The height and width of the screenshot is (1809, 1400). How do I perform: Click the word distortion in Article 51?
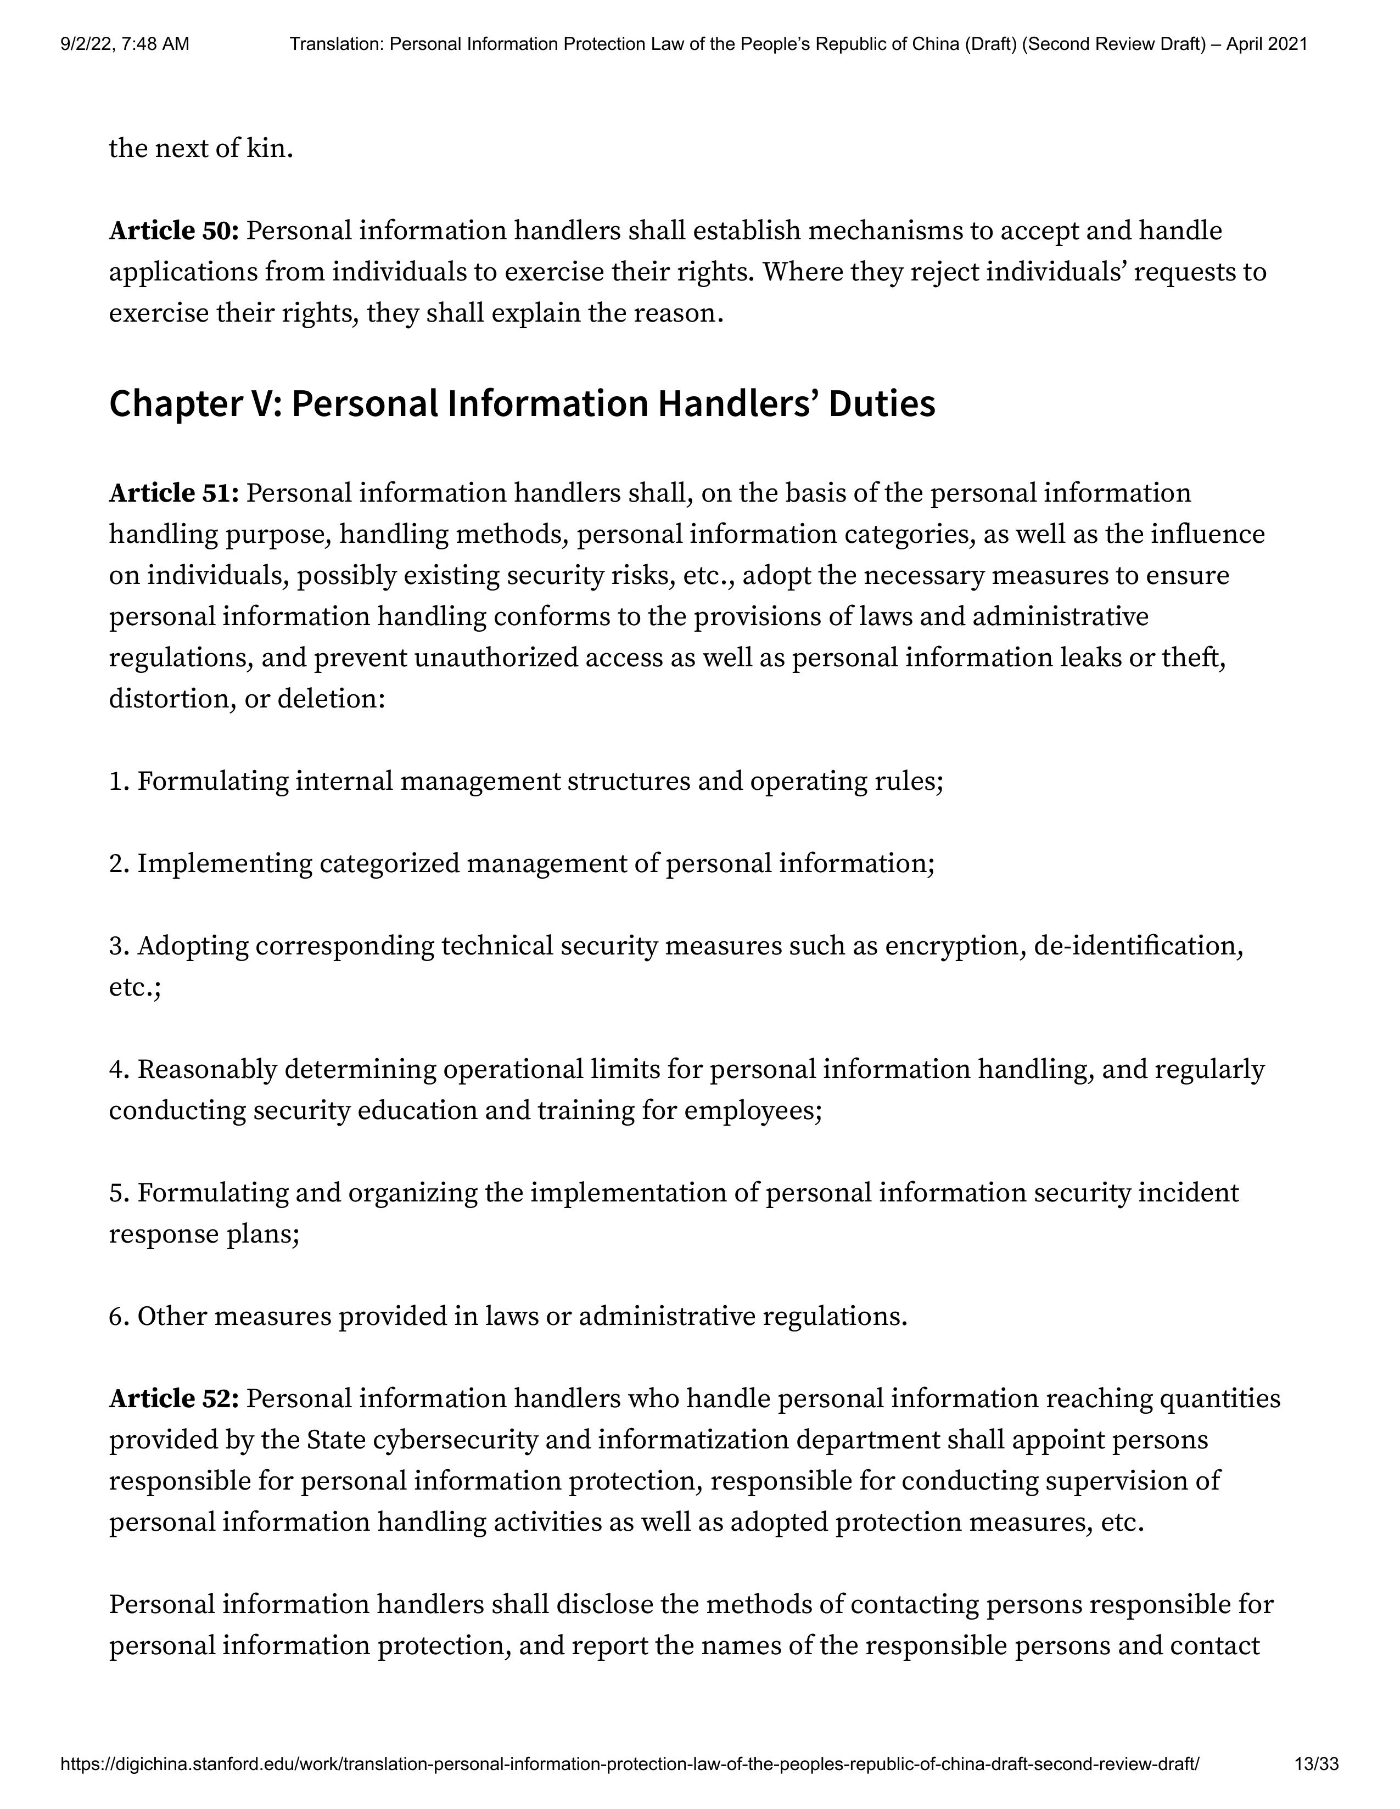click(x=168, y=699)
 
